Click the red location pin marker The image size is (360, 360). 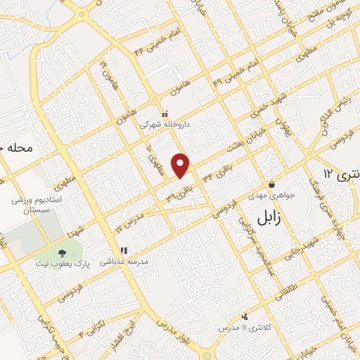[181, 165]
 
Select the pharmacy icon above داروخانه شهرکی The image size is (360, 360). [165, 114]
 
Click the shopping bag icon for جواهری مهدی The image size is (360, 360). [271, 185]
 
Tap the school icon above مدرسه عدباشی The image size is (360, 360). [124, 250]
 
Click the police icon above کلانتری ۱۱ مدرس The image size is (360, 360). [245, 318]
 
